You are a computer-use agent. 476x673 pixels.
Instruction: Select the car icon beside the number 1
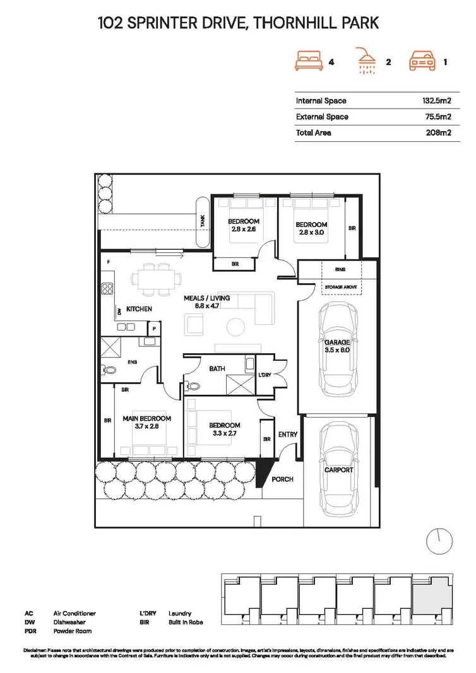424,62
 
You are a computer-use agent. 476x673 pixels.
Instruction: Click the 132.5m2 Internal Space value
436,101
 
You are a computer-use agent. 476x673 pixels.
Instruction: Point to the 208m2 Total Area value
439,132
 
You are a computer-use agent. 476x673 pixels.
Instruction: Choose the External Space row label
322,117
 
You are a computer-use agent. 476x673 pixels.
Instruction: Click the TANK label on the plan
203,221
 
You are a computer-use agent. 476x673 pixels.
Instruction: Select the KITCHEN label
139,309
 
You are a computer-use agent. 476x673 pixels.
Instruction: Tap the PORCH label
282,479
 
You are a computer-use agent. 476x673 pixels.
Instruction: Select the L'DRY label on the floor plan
266,376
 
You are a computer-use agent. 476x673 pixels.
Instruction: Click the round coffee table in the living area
236,327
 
